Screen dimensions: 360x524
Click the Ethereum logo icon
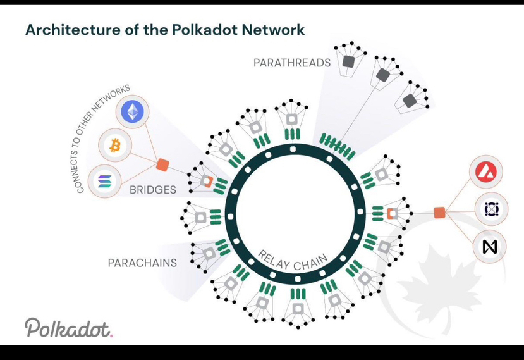pyautogui.click(x=133, y=112)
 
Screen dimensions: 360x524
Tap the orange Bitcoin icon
pyautogui.click(x=114, y=146)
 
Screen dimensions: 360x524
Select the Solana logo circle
pyautogui.click(x=104, y=182)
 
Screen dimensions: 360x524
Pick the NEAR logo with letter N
pyautogui.click(x=490, y=246)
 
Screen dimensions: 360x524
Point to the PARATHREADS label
pyautogui.click(x=292, y=63)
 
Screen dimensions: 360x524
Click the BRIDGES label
pyautogui.click(x=153, y=190)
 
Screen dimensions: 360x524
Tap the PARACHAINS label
pyautogui.click(x=142, y=263)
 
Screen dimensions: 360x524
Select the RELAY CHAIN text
pyautogui.click(x=293, y=260)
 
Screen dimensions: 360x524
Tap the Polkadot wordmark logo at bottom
pyautogui.click(x=68, y=328)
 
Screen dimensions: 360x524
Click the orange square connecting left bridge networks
pyautogui.click(x=162, y=165)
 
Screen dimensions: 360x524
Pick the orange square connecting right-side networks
pyautogui.click(x=439, y=213)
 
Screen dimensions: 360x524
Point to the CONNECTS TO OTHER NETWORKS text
pyautogui.click(x=102, y=139)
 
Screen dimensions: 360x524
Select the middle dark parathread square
pyautogui.click(x=382, y=76)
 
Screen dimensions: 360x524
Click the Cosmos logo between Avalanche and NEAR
pyautogui.click(x=491, y=209)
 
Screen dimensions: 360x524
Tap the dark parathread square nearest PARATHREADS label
pyautogui.click(x=348, y=61)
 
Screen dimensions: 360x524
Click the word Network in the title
pyautogui.click(x=276, y=30)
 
